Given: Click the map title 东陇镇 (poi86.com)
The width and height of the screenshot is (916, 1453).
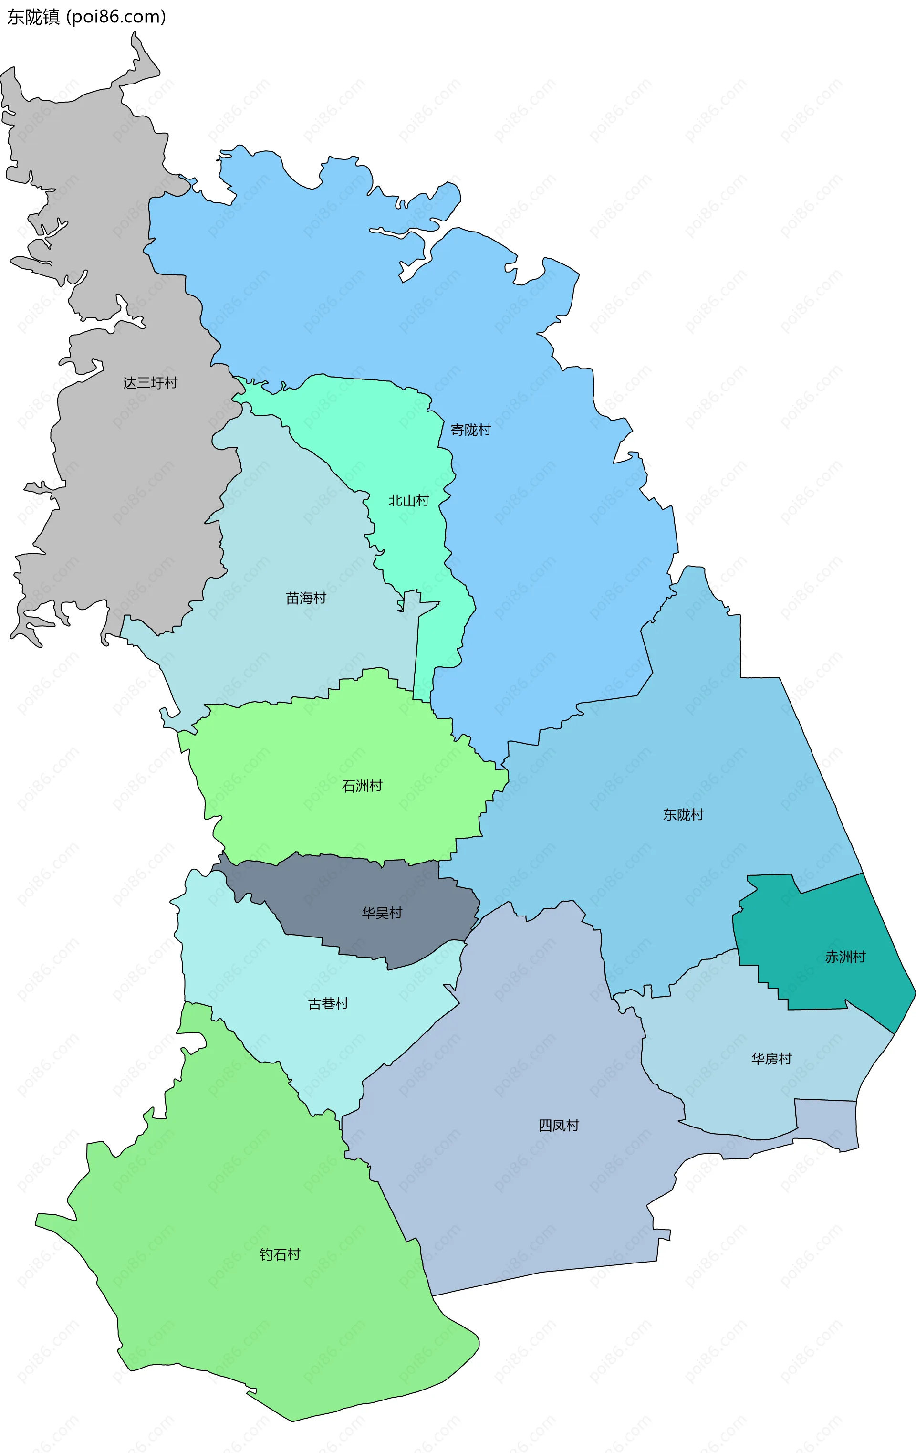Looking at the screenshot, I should [x=86, y=17].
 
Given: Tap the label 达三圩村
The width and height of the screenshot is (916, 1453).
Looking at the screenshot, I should [x=150, y=382].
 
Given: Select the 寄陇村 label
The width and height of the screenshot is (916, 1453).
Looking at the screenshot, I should [x=470, y=430].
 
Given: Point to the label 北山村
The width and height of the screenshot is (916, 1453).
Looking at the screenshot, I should [x=408, y=500].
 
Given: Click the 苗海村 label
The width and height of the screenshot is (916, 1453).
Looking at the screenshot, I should [x=306, y=598].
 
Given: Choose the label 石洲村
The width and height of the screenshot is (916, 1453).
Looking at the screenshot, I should [x=362, y=786].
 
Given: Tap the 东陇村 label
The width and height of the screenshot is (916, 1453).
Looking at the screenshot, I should [x=683, y=815].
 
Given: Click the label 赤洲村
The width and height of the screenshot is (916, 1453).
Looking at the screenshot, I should [x=845, y=957].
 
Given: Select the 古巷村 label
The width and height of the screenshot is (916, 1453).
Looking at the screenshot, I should [x=328, y=1003].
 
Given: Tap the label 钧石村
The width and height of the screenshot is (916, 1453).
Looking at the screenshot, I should [x=280, y=1254].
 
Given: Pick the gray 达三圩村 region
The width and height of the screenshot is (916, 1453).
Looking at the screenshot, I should [x=121, y=483].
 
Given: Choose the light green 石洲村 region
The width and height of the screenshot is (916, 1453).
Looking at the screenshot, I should [x=302, y=797].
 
